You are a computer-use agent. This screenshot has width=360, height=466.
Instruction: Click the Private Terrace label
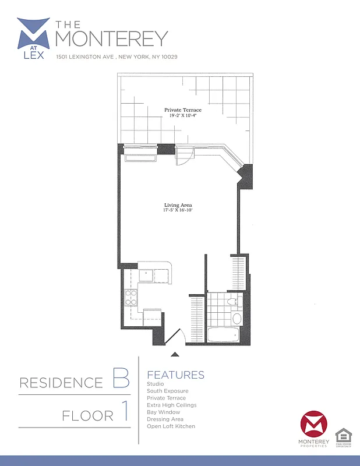pos(183,110)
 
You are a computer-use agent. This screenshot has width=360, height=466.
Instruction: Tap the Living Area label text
pos(178,205)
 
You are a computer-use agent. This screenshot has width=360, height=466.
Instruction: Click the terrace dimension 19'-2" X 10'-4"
pos(183,115)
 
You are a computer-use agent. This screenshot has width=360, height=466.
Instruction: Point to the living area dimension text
pos(178,210)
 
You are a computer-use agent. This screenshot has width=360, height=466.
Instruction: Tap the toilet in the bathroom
pos(235,301)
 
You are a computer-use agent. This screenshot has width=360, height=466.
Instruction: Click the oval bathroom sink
pos(237,319)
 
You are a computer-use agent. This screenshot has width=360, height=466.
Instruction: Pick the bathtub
pos(223,336)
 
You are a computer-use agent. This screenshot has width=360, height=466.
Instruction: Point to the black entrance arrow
pos(174,353)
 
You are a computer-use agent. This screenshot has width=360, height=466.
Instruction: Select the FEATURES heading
pos(175,375)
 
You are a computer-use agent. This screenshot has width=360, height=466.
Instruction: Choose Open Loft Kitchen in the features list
pos(171,426)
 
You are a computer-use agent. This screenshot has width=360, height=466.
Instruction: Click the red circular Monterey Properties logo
pos(314,426)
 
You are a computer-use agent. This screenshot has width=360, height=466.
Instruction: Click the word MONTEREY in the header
pos(111,38)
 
